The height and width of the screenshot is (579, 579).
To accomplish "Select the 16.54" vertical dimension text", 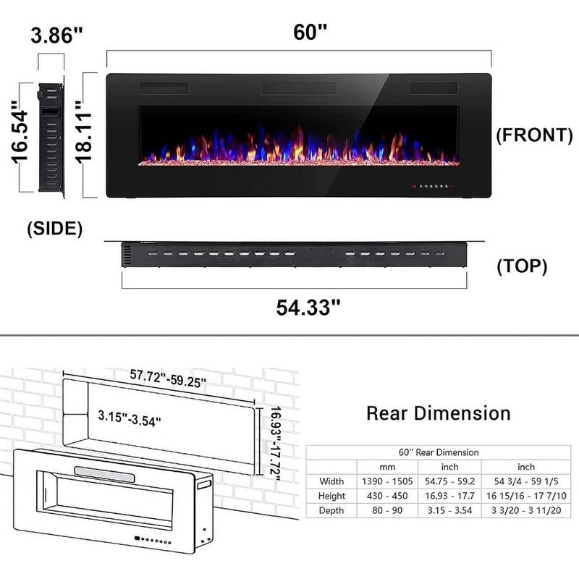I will click(x=20, y=134).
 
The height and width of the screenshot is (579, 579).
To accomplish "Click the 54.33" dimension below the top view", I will click(x=308, y=307).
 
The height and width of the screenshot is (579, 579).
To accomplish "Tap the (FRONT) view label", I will click(x=534, y=135).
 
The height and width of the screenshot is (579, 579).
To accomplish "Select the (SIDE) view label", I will click(x=54, y=229).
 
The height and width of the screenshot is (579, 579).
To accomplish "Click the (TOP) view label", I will click(x=521, y=266).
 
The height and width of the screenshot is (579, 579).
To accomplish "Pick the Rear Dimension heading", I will click(x=438, y=413).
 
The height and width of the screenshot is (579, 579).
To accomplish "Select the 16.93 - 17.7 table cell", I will click(x=449, y=496).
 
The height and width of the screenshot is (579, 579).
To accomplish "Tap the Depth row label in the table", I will click(x=331, y=510).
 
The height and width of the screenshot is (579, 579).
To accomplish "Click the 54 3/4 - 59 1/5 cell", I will click(x=526, y=481).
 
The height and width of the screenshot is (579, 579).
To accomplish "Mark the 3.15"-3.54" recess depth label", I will click(x=130, y=418).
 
